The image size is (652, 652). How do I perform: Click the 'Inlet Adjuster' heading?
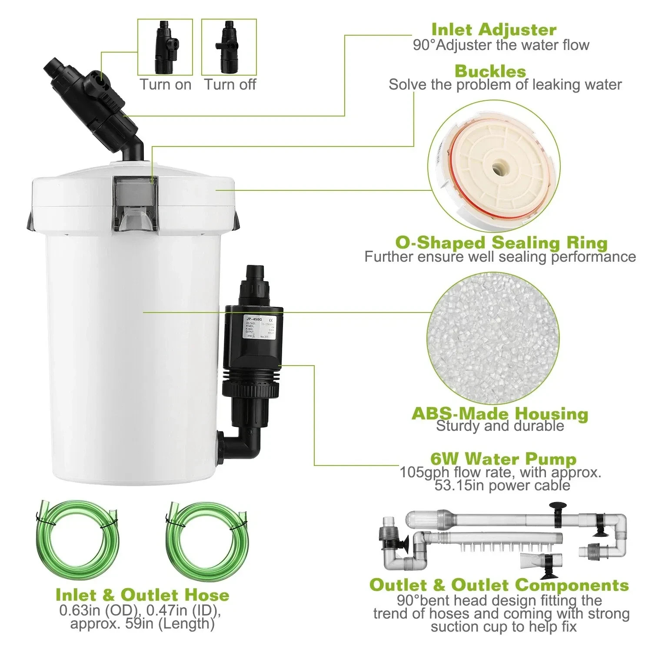(494, 30)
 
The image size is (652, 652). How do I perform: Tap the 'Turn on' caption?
(165, 84)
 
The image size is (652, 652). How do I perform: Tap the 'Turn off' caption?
(230, 84)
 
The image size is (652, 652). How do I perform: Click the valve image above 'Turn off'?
(229, 47)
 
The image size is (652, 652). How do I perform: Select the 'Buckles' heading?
(490, 71)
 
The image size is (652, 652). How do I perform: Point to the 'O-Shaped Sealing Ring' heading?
(501, 242)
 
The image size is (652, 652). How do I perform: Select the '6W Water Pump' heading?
(503, 459)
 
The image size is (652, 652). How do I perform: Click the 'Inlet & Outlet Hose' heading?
(142, 594)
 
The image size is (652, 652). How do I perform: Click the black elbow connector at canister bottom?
(241, 446)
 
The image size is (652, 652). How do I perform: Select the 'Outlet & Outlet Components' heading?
(499, 585)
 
